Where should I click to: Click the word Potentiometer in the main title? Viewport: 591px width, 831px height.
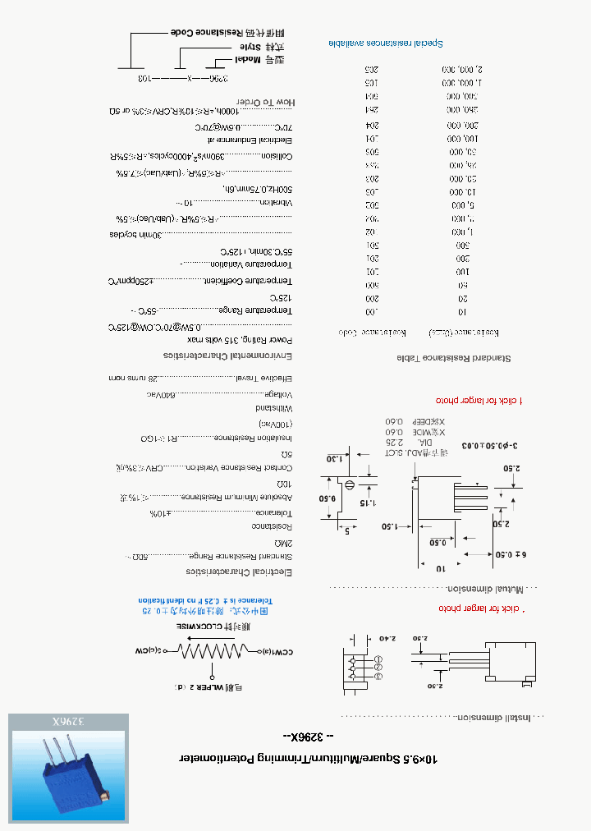pyautogui.click(x=222, y=760)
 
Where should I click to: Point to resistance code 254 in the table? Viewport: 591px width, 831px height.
pyautogui.click(x=372, y=110)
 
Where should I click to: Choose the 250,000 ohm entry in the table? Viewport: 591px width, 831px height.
pyautogui.click(x=462, y=110)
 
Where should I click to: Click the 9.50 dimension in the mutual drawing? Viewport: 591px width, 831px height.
pyautogui.click(x=328, y=498)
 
